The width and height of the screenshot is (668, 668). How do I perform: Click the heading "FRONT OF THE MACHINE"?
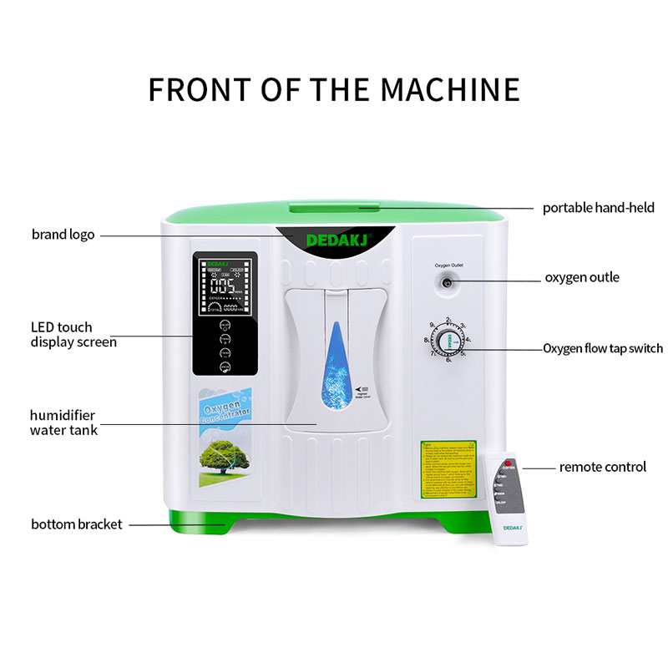334,89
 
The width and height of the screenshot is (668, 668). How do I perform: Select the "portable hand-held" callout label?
599,207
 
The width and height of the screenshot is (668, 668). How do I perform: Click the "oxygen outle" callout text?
582,277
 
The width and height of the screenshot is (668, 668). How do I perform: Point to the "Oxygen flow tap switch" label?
603,348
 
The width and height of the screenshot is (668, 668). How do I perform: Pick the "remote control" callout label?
602,467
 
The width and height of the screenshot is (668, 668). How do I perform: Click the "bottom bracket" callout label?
77,524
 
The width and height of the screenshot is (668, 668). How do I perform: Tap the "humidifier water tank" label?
64,423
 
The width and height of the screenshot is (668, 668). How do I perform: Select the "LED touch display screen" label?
73,334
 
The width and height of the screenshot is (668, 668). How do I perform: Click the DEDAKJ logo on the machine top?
334,240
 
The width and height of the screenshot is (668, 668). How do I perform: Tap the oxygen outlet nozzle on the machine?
448,284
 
